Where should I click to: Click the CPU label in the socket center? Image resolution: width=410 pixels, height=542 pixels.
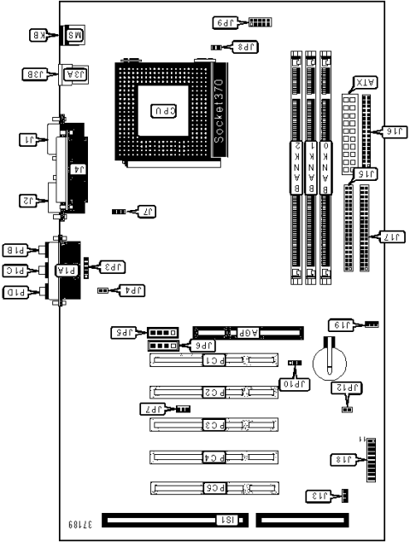click(x=166, y=111)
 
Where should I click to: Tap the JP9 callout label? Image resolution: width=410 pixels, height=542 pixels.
click(x=225, y=22)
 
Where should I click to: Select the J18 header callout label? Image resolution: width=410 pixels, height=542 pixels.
click(x=343, y=461)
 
